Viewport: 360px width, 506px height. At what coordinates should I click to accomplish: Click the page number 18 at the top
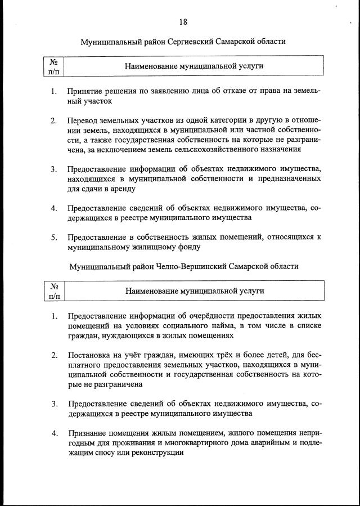(183, 22)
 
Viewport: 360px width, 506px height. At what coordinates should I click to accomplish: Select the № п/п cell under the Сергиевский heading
(55, 66)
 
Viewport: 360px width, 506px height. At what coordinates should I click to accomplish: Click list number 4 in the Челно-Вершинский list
(54, 433)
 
